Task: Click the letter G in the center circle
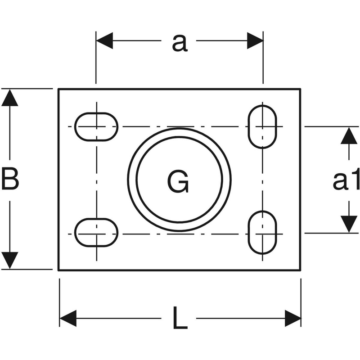tap(178, 182)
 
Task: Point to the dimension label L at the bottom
tap(180, 319)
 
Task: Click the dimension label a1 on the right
tap(346, 181)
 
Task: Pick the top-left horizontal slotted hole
tap(96, 126)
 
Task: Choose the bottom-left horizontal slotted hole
tap(96, 233)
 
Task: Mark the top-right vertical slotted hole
tap(263, 126)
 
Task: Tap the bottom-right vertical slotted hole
tap(263, 233)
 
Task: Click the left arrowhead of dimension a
tap(104, 40)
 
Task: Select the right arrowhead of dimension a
tap(255, 40)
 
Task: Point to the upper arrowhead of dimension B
tap(10, 98)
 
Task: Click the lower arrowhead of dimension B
tap(10, 261)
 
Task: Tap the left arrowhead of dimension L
tap(68, 318)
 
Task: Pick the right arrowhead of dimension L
tap(292, 318)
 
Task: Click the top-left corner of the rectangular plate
tap(59, 89)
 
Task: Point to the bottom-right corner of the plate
tap(300, 270)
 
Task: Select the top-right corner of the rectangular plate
tap(300, 89)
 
